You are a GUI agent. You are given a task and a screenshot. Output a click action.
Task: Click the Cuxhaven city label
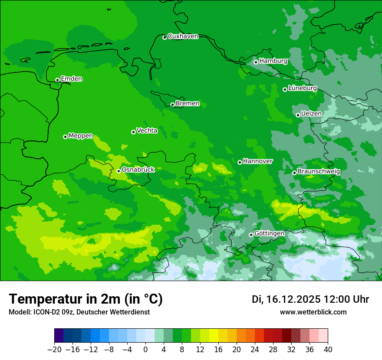183,36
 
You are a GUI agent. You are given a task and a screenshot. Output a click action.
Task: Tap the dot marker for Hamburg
256,62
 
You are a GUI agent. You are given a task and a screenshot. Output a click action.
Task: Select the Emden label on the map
71,79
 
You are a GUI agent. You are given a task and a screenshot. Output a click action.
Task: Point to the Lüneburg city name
303,88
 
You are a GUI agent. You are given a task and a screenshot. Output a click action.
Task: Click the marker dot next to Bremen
172,105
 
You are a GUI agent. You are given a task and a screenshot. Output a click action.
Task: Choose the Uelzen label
311,114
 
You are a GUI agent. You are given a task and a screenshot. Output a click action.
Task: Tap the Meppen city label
81,136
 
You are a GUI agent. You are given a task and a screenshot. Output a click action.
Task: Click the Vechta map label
147,131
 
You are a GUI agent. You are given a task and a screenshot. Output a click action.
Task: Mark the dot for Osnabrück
119,171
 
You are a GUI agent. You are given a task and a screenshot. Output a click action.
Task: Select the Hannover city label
258,161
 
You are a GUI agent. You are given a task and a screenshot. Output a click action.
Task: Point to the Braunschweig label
319,171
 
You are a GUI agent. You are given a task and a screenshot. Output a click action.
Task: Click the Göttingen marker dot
251,235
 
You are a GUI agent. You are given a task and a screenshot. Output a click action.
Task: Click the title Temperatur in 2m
86,299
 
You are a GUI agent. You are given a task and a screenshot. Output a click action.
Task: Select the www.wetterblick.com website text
313,312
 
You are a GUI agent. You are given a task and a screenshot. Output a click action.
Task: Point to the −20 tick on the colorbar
54,350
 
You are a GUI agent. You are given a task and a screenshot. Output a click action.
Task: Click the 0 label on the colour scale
145,350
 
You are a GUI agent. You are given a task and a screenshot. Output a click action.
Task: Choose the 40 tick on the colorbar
328,350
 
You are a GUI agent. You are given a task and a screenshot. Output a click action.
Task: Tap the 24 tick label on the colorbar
255,350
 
